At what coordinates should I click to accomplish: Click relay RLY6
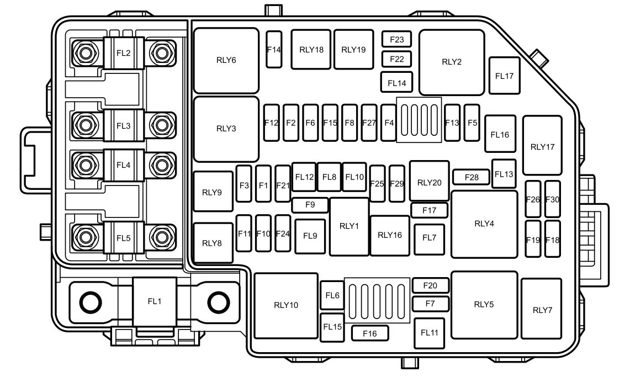(x=226, y=61)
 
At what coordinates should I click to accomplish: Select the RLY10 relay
(x=286, y=305)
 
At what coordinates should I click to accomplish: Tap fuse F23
(x=397, y=40)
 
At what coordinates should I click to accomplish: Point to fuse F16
(x=370, y=333)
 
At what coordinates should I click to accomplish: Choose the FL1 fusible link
(x=155, y=302)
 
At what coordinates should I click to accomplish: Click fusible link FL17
(x=504, y=76)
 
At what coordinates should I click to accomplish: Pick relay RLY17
(x=542, y=146)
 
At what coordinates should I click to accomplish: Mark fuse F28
(x=472, y=177)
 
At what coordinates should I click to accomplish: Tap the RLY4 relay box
(x=484, y=224)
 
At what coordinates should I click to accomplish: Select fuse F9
(x=309, y=205)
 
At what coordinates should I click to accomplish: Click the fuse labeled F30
(x=552, y=199)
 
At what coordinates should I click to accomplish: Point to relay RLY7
(x=542, y=310)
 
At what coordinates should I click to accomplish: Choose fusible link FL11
(x=429, y=332)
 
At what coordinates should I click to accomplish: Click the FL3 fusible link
(x=124, y=126)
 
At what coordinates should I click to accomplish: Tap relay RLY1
(x=349, y=226)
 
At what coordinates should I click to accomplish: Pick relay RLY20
(x=429, y=182)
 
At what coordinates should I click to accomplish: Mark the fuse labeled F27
(x=369, y=123)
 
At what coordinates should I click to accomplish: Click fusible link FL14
(x=396, y=83)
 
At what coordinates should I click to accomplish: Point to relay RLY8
(x=211, y=243)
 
